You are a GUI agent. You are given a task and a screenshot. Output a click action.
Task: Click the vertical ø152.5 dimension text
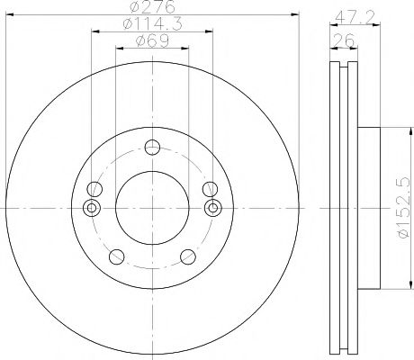coord(402,207)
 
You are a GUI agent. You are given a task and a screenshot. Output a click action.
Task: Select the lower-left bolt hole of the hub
coord(114,256)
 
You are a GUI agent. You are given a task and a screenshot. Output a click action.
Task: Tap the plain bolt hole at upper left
coord(93,189)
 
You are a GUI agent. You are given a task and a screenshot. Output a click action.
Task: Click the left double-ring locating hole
coord(89,208)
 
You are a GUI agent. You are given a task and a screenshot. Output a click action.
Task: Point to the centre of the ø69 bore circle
coord(150,208)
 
